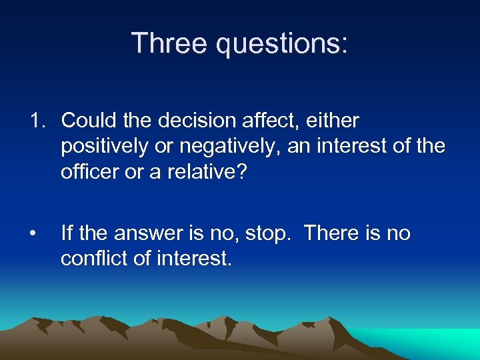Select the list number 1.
[x=37, y=121]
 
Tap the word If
[x=67, y=233]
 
